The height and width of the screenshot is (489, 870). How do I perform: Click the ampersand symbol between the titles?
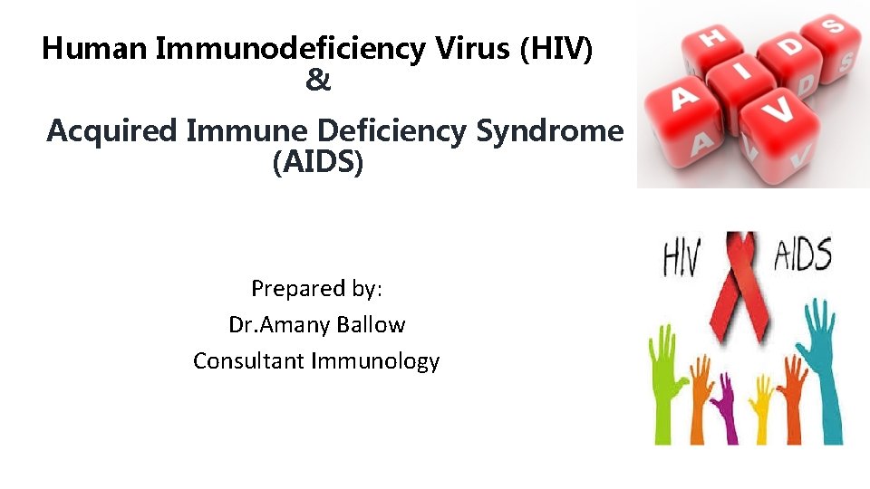pos(318,81)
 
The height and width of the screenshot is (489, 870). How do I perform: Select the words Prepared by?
pos(317,289)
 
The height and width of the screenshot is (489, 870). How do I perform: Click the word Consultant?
pos(249,361)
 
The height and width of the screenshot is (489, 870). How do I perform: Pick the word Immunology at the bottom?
pos(375,361)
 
